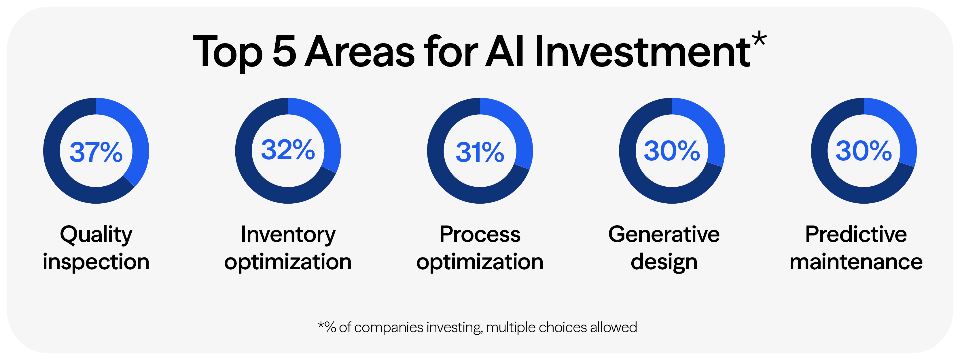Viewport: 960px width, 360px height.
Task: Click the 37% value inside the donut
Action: [x=96, y=152]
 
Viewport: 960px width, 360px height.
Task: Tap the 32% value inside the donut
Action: [x=288, y=150]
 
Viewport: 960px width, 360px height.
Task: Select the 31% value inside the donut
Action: [x=480, y=152]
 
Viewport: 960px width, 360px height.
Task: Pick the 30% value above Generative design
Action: [x=672, y=151]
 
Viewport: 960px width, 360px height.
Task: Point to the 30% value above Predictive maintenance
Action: [x=864, y=151]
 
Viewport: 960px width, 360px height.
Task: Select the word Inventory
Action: [x=288, y=234]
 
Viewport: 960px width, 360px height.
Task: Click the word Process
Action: [x=480, y=234]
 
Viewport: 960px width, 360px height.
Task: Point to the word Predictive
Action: [x=856, y=234]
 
